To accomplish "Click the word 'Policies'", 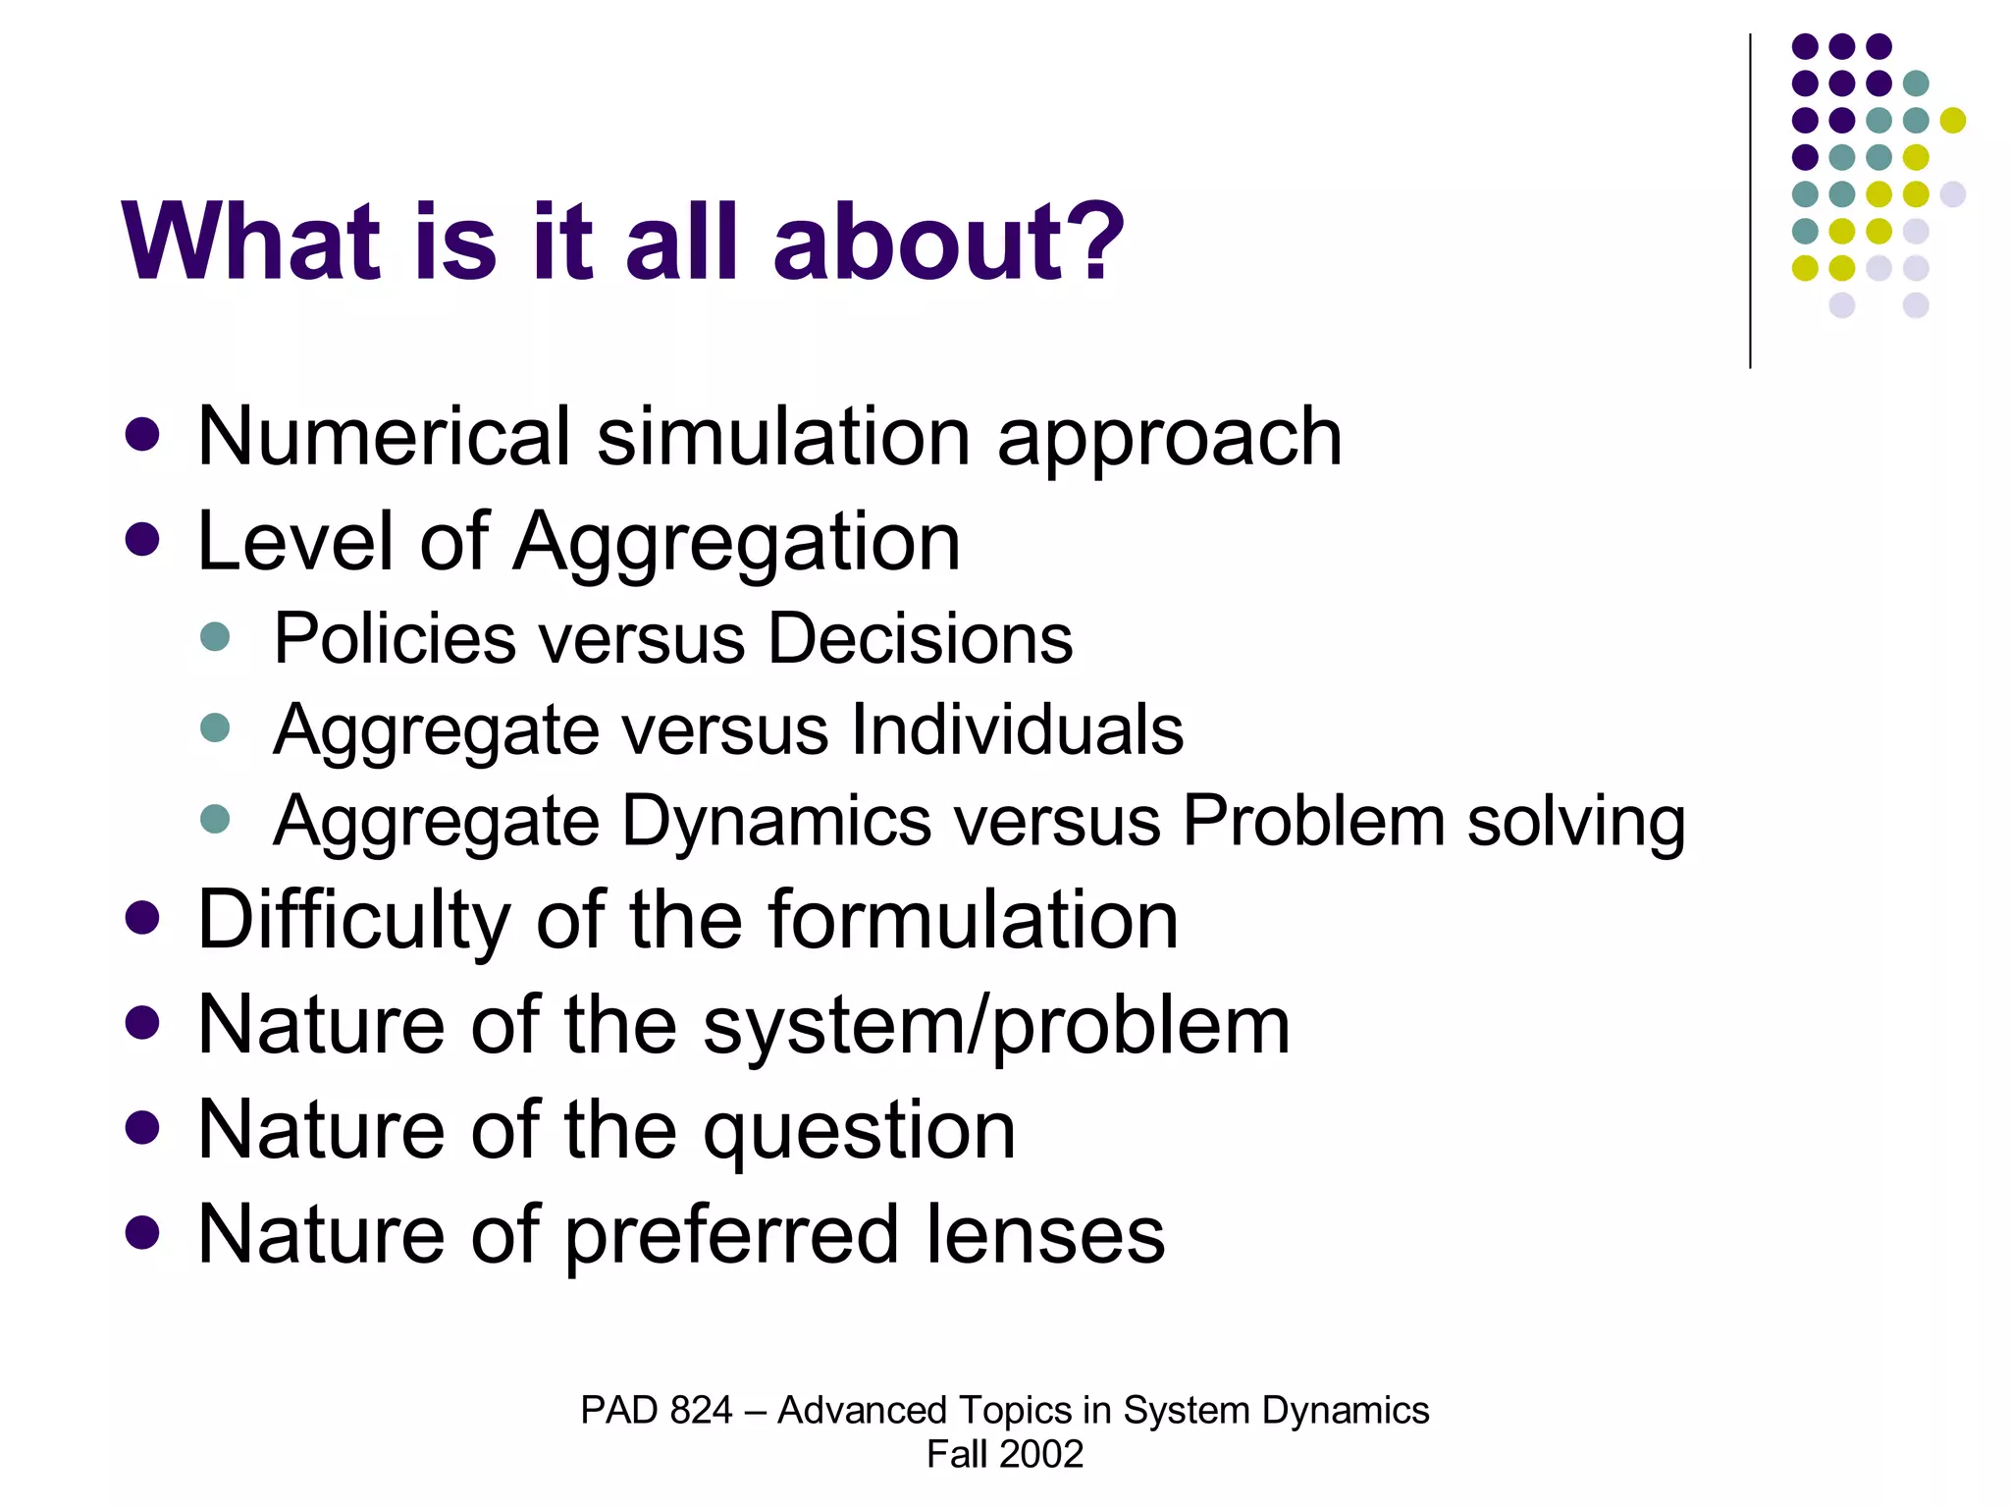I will (394, 638).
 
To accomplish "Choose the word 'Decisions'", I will (920, 638).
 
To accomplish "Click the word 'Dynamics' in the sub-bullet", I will (775, 821).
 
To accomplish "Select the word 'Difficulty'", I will (353, 920).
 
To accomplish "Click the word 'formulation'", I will (973, 920).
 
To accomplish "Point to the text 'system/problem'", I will (996, 1026).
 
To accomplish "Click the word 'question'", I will (859, 1131).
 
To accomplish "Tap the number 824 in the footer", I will (701, 1410).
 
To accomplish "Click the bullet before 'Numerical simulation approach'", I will (142, 435).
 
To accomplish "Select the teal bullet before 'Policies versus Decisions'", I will (214, 636).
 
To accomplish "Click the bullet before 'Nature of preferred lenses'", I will (142, 1233).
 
